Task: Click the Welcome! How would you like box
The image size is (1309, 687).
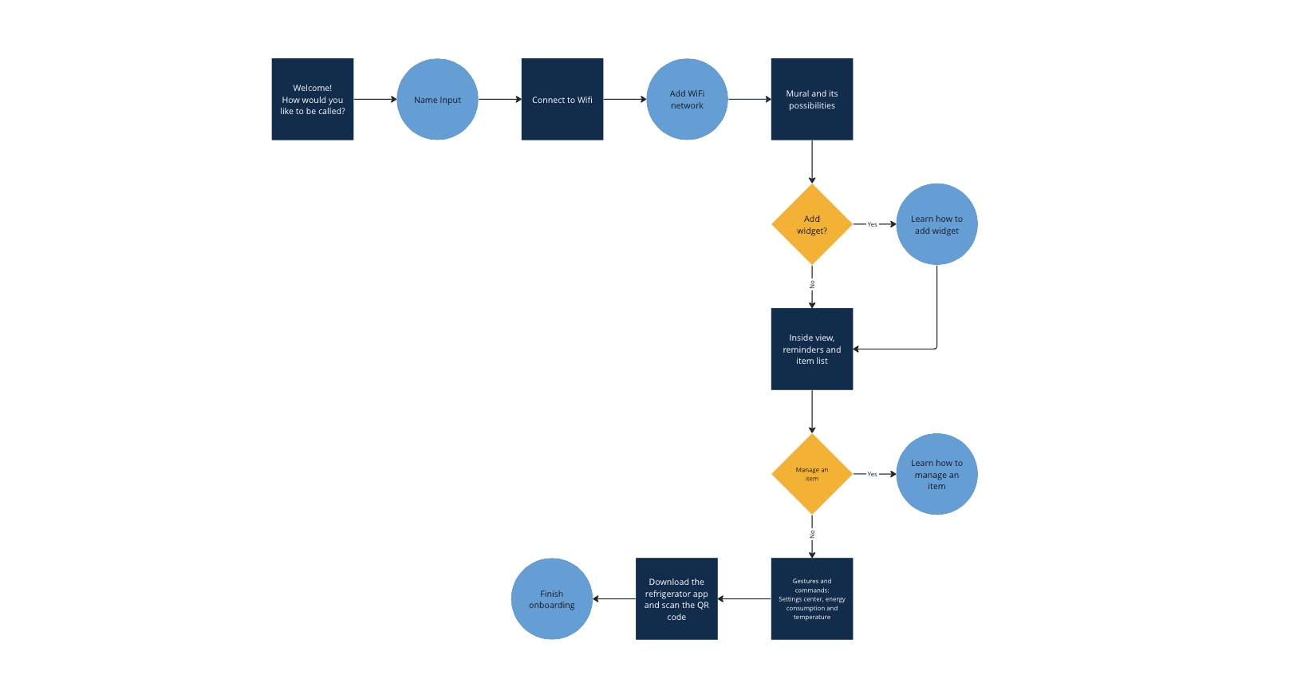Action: coord(312,99)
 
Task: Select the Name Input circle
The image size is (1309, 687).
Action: coord(437,99)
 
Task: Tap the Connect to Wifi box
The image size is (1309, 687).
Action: coord(562,99)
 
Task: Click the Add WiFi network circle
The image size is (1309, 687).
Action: coord(687,99)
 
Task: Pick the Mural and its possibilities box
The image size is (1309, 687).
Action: coord(811,99)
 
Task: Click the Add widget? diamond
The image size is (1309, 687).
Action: coord(811,224)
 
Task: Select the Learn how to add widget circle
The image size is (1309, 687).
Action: coord(936,224)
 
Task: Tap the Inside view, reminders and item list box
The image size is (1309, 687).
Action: coord(811,349)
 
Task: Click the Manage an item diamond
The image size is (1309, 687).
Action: coord(811,474)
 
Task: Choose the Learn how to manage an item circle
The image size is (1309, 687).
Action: coord(936,474)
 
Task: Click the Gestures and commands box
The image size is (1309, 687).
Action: coord(811,598)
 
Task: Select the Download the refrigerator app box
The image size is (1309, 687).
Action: coord(676,598)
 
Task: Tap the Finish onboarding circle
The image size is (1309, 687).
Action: coord(551,598)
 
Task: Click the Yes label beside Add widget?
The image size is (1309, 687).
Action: coord(872,224)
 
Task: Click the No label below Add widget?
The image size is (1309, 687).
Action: coord(812,284)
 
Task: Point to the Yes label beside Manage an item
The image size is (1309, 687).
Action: coord(872,474)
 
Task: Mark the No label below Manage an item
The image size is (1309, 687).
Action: coord(812,534)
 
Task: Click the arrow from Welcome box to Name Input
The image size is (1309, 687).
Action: coord(375,99)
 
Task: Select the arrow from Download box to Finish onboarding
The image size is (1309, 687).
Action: coord(614,598)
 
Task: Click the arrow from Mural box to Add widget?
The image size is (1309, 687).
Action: coord(812,162)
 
